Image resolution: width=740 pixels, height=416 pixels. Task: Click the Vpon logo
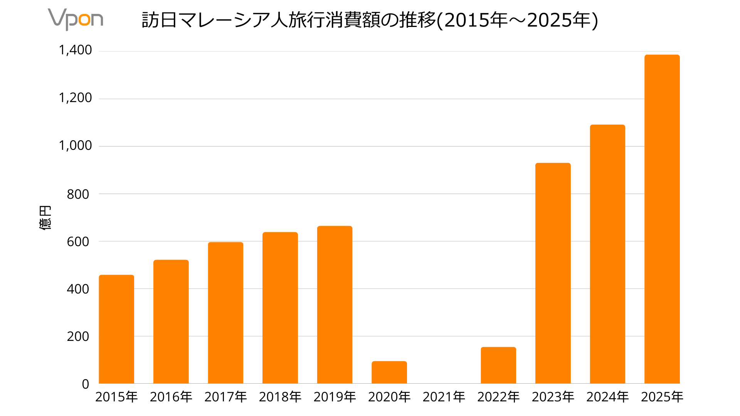pos(76,19)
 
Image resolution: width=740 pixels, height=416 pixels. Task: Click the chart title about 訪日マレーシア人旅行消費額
pos(370,20)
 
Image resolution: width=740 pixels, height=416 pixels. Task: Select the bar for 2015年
pos(116,329)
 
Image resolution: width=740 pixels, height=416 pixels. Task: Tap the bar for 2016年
pos(171,322)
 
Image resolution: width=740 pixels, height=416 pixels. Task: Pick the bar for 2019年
pos(335,305)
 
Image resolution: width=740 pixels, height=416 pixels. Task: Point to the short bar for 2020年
pos(389,372)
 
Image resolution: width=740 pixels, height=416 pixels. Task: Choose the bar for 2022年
pos(498,366)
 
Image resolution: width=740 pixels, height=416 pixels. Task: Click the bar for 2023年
pos(553,273)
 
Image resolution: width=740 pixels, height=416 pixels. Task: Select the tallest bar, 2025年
pos(662,219)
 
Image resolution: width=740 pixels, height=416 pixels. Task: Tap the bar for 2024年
pos(607,254)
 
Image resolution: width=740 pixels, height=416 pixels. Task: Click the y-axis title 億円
pos(45,218)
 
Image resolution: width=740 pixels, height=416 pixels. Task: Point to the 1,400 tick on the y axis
pos(75,50)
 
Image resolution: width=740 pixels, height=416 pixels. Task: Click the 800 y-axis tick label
pos(78,194)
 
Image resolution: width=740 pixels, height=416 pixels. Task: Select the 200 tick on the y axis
pos(78,337)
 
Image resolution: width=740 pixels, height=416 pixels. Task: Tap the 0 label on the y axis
pos(85,384)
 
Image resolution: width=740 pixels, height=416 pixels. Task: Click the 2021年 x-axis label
pos(444,397)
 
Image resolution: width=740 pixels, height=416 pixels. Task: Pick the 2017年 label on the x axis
pos(225,397)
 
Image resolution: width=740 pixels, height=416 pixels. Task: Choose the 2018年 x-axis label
pos(280,397)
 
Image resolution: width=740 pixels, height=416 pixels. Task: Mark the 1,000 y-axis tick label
pos(75,146)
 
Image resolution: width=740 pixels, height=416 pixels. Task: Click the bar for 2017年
pos(225,313)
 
